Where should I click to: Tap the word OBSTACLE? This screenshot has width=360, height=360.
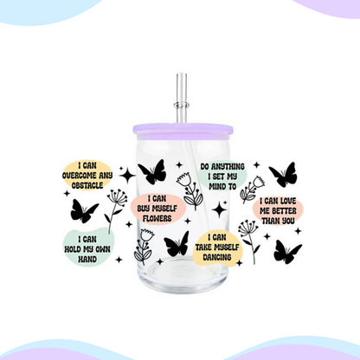(x=87, y=185)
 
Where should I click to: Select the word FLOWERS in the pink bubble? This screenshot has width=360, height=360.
(x=157, y=218)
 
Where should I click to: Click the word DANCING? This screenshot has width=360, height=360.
(x=217, y=257)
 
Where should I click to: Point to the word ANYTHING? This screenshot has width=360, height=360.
(x=228, y=166)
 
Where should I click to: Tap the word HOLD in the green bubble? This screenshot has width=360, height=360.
(x=73, y=249)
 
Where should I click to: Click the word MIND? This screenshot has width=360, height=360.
(x=217, y=186)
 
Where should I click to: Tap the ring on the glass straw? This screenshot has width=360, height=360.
(x=182, y=105)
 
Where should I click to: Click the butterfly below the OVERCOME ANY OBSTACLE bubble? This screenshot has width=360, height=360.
(x=84, y=211)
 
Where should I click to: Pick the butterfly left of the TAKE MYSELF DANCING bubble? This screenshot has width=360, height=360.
(x=177, y=244)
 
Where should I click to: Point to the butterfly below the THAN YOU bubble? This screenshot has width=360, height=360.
(x=287, y=252)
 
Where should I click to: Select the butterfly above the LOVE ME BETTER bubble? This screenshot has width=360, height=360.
(x=283, y=175)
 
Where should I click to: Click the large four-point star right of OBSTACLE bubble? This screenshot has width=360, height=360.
(x=127, y=176)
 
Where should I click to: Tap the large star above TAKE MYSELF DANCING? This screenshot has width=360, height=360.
(x=219, y=209)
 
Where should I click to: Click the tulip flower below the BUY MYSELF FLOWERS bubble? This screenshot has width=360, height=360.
(x=144, y=247)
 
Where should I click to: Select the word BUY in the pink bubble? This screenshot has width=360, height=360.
(x=144, y=209)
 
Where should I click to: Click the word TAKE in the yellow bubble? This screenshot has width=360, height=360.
(x=204, y=247)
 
